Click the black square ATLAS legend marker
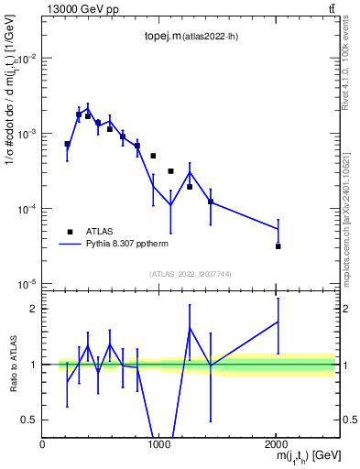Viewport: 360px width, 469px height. (70, 232)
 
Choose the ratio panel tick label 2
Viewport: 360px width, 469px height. (33, 309)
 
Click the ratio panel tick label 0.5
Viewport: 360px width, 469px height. (29, 420)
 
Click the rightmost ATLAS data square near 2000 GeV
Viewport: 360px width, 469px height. (278, 246)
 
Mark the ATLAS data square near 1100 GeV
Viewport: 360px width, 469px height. (171, 171)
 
